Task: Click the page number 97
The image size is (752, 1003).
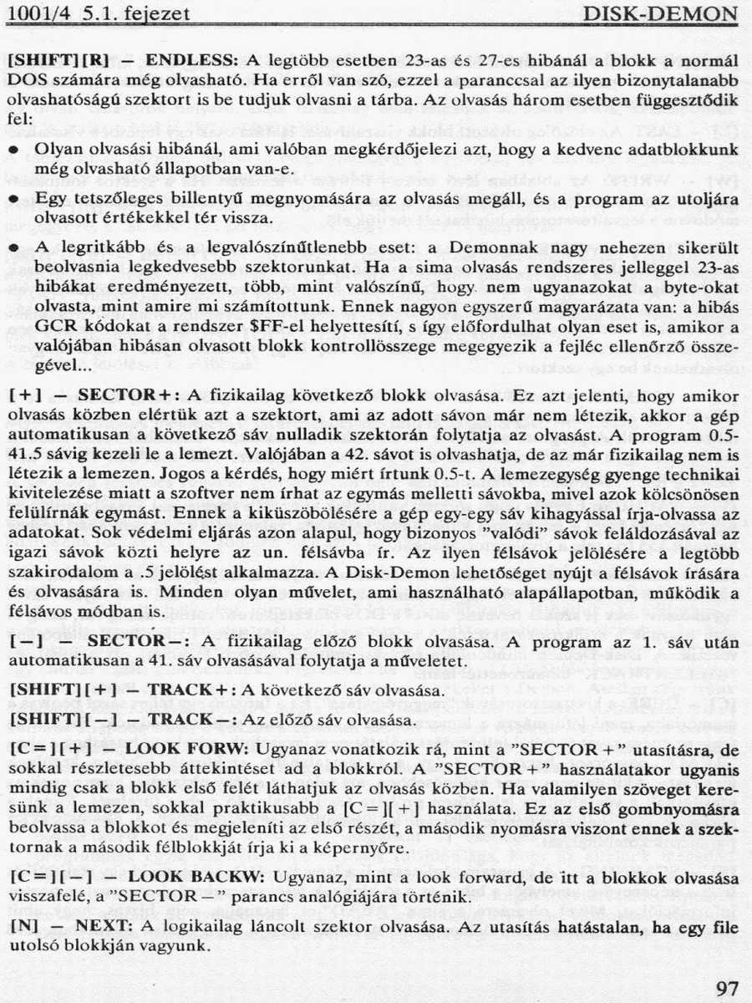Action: [727, 988]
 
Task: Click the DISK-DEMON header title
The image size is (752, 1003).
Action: [660, 15]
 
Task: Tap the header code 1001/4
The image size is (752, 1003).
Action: [33, 15]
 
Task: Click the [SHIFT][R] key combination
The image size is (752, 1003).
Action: [58, 61]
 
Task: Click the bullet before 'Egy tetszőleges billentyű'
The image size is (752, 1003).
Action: [14, 201]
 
